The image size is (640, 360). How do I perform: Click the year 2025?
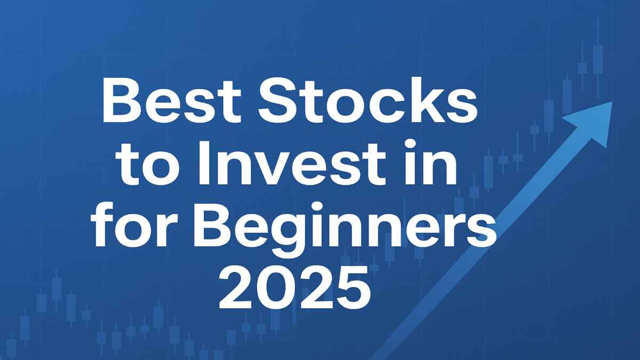(295, 291)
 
